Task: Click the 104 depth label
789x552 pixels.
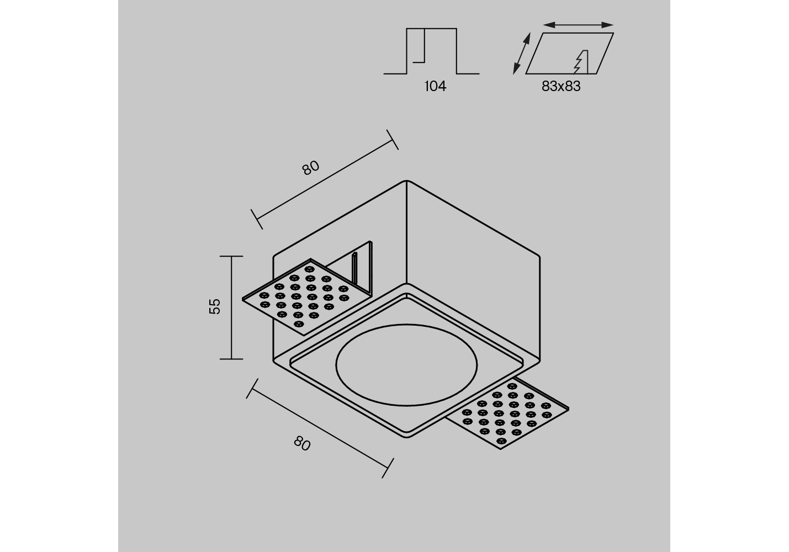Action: coord(435,86)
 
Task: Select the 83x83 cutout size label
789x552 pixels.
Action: coord(561,86)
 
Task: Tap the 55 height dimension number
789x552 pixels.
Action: coord(215,306)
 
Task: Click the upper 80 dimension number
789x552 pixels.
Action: coord(311,168)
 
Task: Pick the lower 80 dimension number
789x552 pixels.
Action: coord(302,443)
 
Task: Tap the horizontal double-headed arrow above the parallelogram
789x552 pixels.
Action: coord(579,25)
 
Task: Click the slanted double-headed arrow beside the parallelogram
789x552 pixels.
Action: coord(522,54)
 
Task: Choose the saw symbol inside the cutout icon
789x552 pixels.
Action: coord(581,62)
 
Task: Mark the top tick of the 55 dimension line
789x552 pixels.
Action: coord(231,256)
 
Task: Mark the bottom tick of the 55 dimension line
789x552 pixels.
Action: coord(231,359)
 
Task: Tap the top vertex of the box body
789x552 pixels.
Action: coord(407,181)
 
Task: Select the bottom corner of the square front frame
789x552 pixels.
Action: coord(407,437)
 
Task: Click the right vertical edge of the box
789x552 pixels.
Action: coord(540,309)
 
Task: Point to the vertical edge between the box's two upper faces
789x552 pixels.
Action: coord(407,232)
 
